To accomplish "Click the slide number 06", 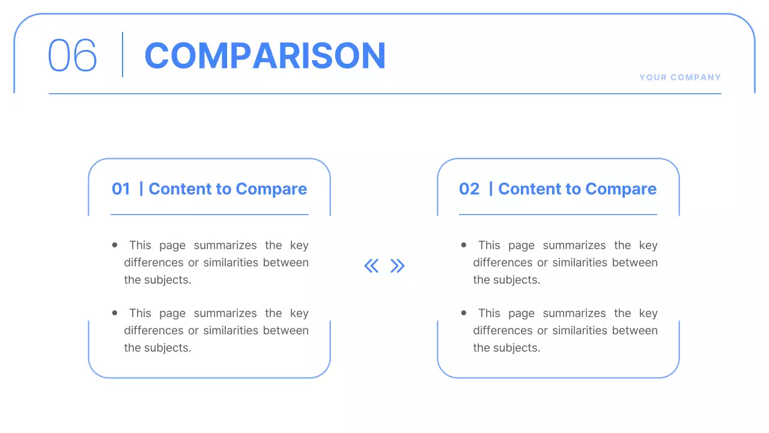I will [72, 55].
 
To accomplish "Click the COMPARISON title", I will [264, 55].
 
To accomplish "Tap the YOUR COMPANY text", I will [680, 78].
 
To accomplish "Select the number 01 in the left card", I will [121, 189].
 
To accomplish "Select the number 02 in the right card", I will [469, 189].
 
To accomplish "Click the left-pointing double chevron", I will [371, 266].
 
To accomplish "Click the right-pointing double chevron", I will [398, 266].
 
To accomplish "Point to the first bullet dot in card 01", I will [115, 245].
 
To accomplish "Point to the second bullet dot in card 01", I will [115, 313].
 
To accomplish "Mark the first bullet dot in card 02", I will [464, 245].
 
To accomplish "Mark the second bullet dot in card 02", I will [464, 313].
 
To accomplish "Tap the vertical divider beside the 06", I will [123, 55].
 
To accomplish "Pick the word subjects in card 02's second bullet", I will [515, 348].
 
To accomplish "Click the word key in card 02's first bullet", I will [648, 245].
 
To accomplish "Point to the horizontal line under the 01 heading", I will [209, 214].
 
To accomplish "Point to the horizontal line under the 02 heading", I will [558, 214].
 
